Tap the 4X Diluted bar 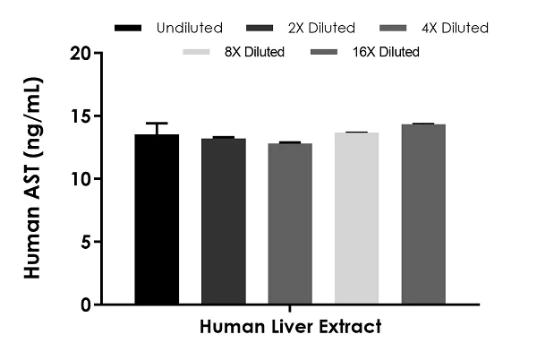[290, 224]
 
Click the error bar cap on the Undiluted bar [157, 124]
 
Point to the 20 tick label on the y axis [81, 53]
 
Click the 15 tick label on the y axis [81, 116]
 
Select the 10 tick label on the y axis [81, 179]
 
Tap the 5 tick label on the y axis [86, 242]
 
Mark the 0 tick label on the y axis [86, 304]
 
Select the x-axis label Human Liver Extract [291, 327]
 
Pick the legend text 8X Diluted [254, 52]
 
